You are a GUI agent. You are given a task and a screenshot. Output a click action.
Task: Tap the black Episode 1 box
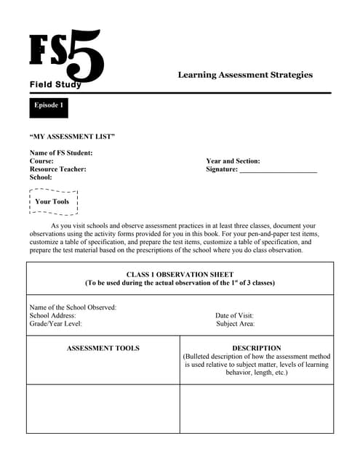[49, 106]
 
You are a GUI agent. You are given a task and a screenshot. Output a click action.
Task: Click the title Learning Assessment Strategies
[245, 75]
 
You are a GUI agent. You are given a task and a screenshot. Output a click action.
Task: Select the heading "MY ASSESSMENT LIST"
[72, 137]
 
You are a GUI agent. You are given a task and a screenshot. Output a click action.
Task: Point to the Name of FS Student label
[60, 153]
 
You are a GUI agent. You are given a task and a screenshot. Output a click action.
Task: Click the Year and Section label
[233, 161]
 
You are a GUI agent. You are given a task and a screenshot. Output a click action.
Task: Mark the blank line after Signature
[278, 170]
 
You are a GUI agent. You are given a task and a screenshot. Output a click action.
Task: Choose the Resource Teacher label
[57, 169]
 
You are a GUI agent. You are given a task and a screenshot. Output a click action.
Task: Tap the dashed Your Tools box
[52, 202]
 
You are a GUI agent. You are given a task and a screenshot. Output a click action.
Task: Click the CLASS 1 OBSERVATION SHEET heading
[180, 275]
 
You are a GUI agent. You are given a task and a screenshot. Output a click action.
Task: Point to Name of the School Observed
[73, 307]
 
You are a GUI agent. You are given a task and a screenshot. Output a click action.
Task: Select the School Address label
[52, 316]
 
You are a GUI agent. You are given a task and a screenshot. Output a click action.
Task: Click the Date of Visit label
[234, 316]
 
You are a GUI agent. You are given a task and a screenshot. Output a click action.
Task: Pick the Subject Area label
[235, 324]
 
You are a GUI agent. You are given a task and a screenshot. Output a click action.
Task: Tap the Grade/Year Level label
[55, 324]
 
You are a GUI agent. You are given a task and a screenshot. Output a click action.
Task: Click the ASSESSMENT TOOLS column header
[103, 349]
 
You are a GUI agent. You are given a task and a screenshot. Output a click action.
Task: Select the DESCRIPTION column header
[256, 349]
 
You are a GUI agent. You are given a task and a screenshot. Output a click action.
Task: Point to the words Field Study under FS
[55, 85]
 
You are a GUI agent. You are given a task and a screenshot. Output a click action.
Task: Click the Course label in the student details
[41, 161]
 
